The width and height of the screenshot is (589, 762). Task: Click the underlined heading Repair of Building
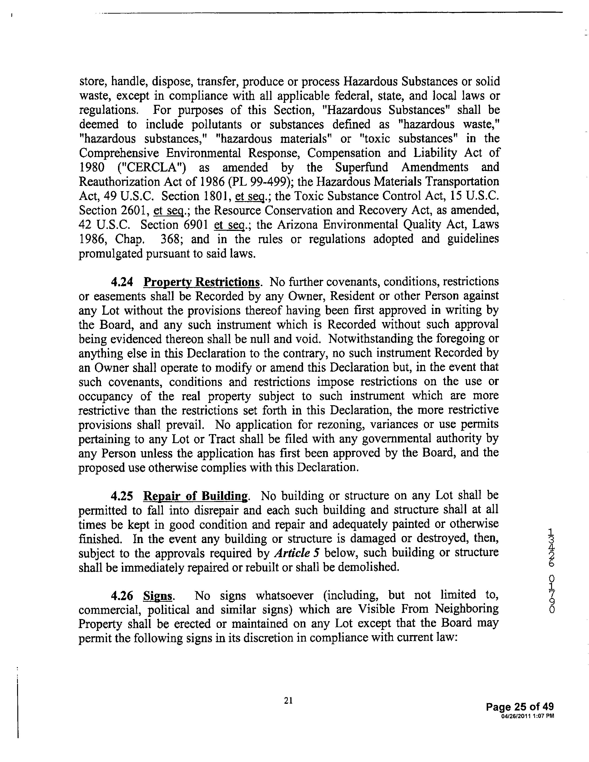[x=196, y=496]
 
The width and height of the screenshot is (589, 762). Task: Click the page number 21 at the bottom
[x=288, y=700]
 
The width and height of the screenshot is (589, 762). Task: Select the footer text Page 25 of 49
[x=519, y=707]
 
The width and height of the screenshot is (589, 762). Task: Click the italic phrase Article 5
[x=297, y=553]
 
